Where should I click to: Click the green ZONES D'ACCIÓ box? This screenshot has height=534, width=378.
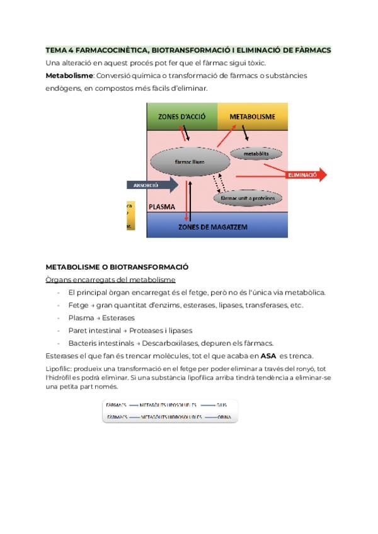(x=181, y=116)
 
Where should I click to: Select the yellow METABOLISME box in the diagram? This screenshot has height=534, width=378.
(x=252, y=116)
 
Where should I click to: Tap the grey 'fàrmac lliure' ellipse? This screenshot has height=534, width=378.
(x=190, y=161)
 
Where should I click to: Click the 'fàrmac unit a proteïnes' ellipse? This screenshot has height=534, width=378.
(x=247, y=198)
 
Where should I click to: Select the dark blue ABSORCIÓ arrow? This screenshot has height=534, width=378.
(x=152, y=185)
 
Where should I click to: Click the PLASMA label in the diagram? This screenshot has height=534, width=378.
(x=161, y=207)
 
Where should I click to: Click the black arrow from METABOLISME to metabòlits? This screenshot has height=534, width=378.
(x=245, y=133)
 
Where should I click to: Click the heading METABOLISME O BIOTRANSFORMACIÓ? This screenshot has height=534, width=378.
(x=117, y=267)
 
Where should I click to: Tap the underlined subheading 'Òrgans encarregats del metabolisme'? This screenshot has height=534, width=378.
(x=111, y=280)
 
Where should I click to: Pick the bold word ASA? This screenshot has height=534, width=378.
(x=268, y=356)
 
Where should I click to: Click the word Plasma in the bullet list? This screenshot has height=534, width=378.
(x=81, y=318)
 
